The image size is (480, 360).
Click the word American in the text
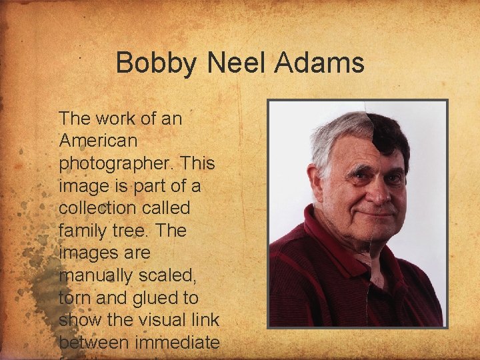tap(98, 141)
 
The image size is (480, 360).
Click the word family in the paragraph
tap(83, 231)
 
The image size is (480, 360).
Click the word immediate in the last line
tap(176, 343)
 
